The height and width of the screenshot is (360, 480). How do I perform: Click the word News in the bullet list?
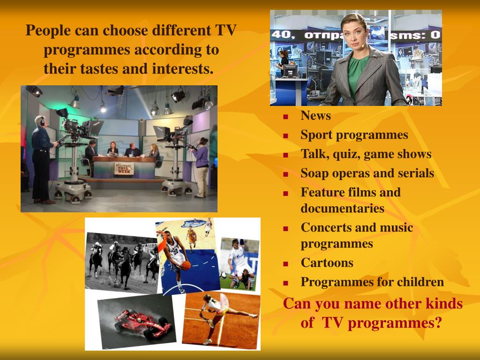point(315,116)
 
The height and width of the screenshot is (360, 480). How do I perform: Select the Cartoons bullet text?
point(327,262)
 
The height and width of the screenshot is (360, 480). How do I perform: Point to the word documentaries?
point(342,208)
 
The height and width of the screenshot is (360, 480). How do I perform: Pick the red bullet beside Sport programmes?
point(285,136)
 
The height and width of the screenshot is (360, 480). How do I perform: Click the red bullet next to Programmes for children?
point(285,283)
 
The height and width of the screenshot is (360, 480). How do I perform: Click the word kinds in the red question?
point(443,304)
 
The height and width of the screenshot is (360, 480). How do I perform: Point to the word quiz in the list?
point(346,154)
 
